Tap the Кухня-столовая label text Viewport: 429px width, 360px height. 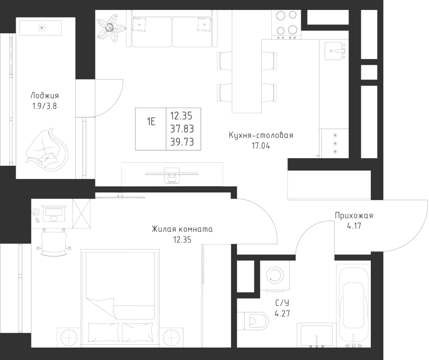pos(261,136)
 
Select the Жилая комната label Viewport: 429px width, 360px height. pos(182,230)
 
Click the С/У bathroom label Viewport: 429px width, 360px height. pos(283,302)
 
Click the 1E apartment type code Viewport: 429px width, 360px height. pos(151,121)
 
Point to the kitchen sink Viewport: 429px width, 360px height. pos(335,50)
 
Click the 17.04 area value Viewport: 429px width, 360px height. pos(261,146)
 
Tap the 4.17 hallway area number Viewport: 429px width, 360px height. pos(354,227)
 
